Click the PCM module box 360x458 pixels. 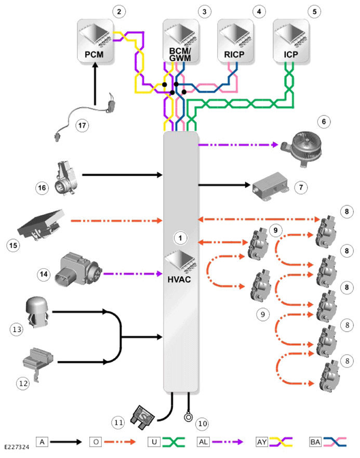click(95, 41)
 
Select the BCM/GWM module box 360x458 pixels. click(181, 41)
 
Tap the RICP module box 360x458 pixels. click(235, 41)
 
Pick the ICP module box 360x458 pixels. click(291, 41)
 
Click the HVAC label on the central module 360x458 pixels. click(179, 280)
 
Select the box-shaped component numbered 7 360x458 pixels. click(270, 186)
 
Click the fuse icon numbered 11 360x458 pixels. click(143, 417)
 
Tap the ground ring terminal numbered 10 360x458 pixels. click(189, 417)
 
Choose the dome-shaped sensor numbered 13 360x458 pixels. click(37, 312)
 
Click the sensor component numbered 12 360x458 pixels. click(38, 362)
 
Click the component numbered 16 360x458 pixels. click(66, 178)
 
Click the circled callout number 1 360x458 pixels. click(180, 238)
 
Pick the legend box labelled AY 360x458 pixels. click(262, 442)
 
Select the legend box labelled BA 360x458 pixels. click(315, 442)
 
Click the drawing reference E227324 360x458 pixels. click(17, 447)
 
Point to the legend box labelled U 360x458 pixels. click(154, 442)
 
